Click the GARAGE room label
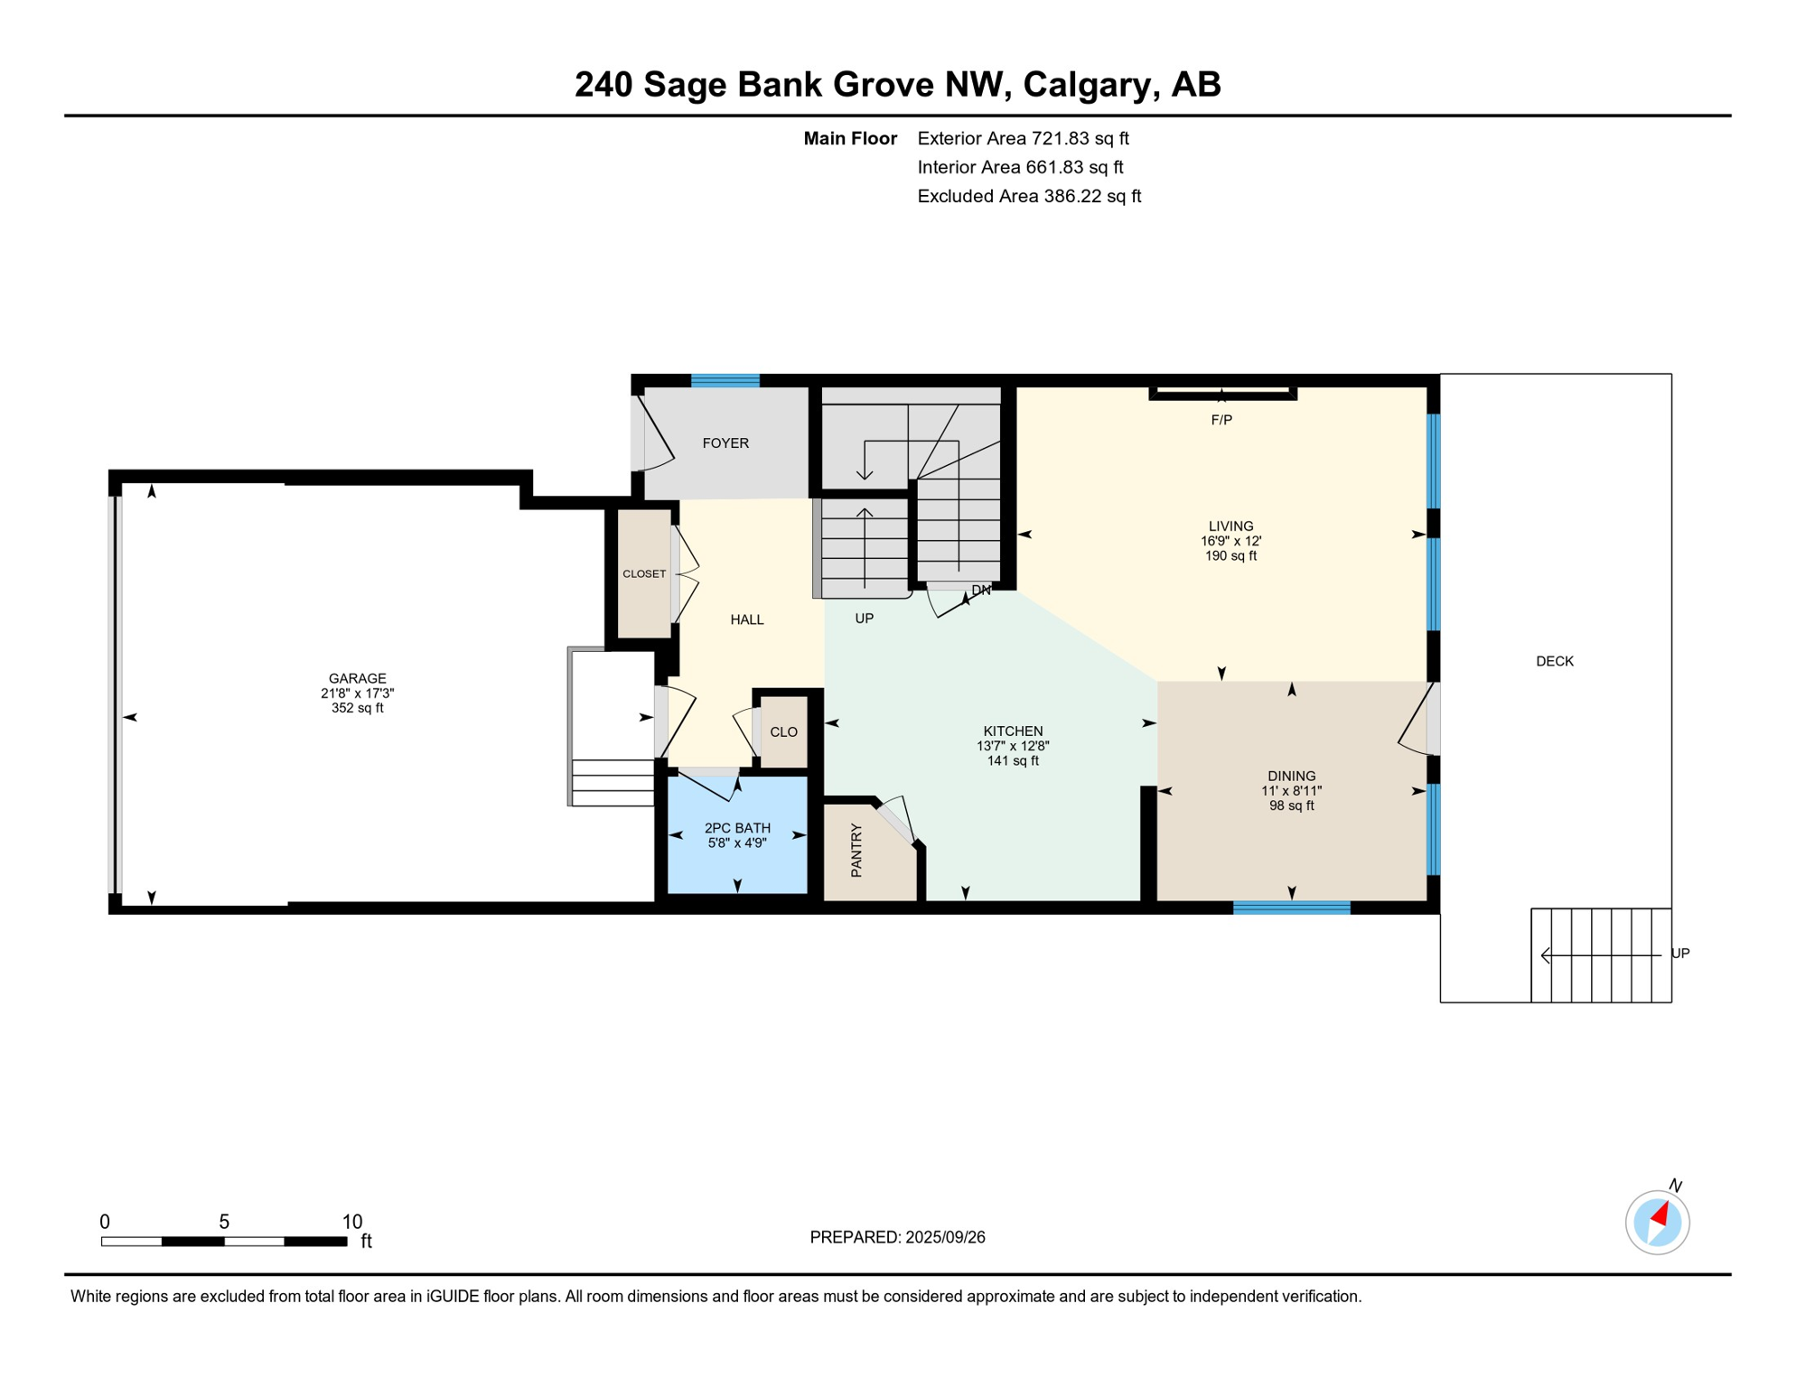[x=357, y=678]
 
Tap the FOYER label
[x=725, y=443]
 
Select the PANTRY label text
[x=856, y=851]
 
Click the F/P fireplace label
[x=1221, y=420]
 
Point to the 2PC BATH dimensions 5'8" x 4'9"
[x=737, y=843]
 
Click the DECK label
[x=1554, y=662]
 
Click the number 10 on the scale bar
[x=351, y=1222]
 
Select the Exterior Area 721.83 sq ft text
[x=1023, y=138]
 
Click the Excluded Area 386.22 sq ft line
[x=1029, y=196]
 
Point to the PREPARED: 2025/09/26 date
[x=897, y=1237]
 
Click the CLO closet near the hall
[x=783, y=732]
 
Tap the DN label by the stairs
[x=981, y=591]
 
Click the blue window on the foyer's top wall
[x=725, y=380]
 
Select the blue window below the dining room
[x=1291, y=908]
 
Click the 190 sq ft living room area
[x=1230, y=556]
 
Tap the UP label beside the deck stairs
[x=1679, y=954]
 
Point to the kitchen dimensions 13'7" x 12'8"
[x=1013, y=747]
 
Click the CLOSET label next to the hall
[x=644, y=574]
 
